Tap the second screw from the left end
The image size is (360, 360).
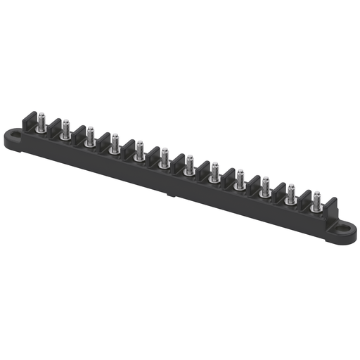pyautogui.click(x=65, y=130)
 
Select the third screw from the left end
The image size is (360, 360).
pyautogui.click(x=90, y=137)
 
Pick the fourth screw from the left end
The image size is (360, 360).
pyautogui.click(x=115, y=145)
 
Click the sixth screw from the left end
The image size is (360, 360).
pyautogui.click(x=165, y=159)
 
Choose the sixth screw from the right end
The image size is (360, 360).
pyautogui.click(x=189, y=166)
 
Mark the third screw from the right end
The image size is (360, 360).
pyautogui.click(x=265, y=188)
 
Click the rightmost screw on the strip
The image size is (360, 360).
pyautogui.click(x=316, y=202)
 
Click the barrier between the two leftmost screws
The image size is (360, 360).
pyautogui.click(x=53, y=127)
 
